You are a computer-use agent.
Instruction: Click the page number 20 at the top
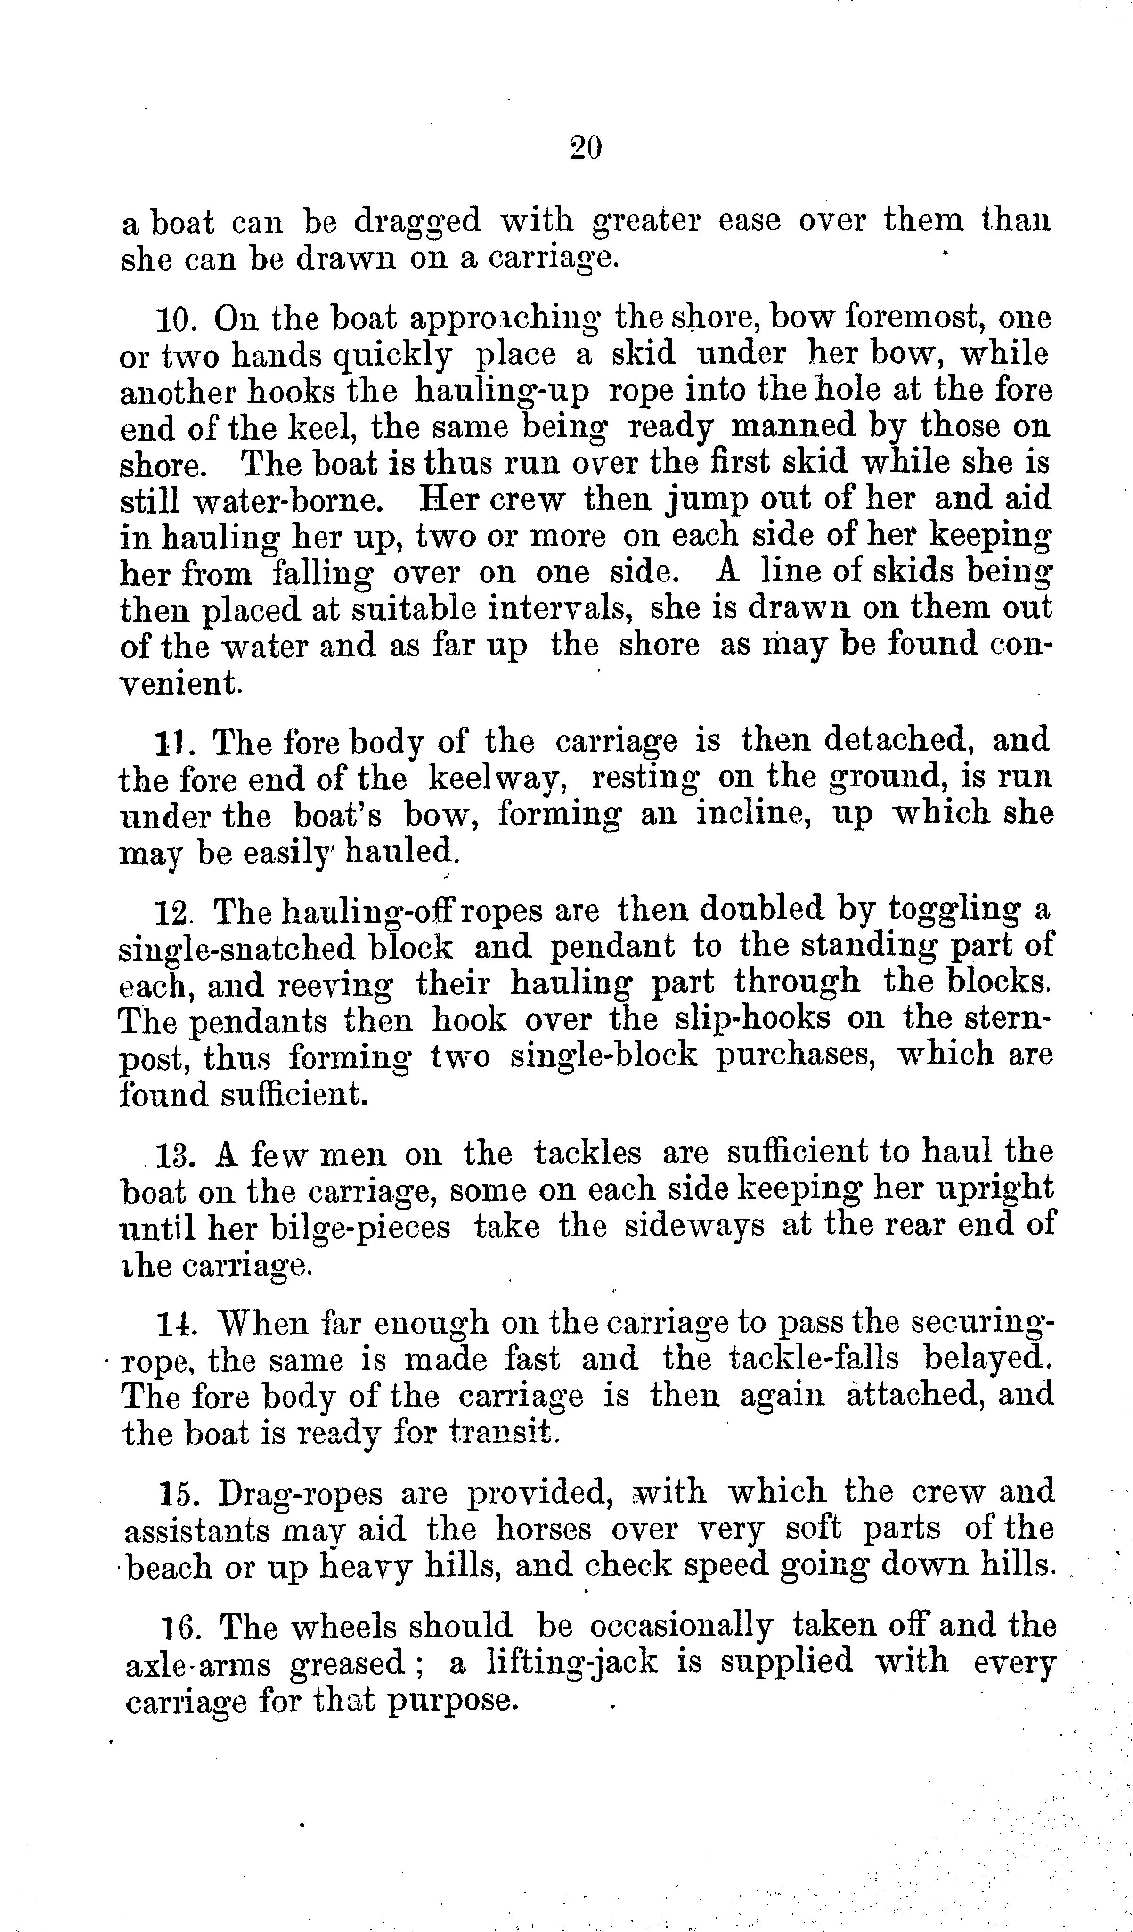(x=586, y=147)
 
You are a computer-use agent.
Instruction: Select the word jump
(x=703, y=500)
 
